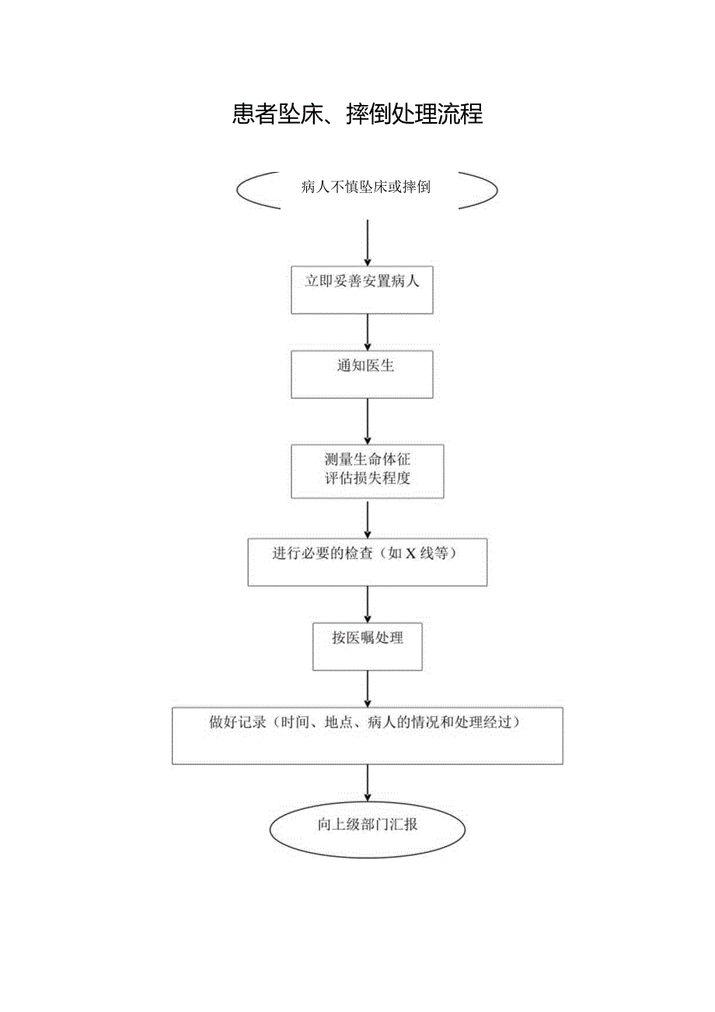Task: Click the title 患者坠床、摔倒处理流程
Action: (x=357, y=114)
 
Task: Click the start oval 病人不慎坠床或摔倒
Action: (x=366, y=187)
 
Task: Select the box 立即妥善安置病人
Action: (x=361, y=290)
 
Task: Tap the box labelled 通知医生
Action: (x=361, y=374)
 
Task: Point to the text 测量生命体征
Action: (x=367, y=460)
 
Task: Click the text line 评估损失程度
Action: (x=367, y=479)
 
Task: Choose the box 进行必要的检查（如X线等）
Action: (x=367, y=562)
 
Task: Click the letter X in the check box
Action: (x=410, y=555)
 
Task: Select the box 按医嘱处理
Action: (x=367, y=646)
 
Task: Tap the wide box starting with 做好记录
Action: (x=367, y=735)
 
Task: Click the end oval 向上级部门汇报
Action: (x=367, y=830)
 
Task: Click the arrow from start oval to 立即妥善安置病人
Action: (x=367, y=243)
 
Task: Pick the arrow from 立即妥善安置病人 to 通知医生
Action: (x=367, y=332)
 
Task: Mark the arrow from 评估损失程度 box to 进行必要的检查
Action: (x=367, y=518)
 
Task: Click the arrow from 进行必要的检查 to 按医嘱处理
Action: (x=367, y=604)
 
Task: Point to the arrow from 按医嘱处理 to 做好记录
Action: (x=367, y=688)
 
